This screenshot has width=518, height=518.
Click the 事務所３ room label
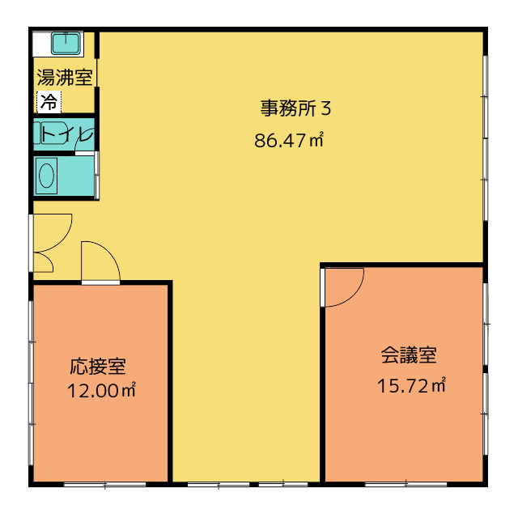click(x=295, y=108)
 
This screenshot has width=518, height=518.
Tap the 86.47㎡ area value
click(x=288, y=140)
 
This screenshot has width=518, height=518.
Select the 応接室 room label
click(x=98, y=366)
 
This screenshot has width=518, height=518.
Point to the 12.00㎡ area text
click(x=101, y=390)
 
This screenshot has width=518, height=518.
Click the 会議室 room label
click(x=409, y=355)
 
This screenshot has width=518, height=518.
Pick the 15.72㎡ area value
click(x=411, y=385)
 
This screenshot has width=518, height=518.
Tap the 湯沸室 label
click(x=65, y=77)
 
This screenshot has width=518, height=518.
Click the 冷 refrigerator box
click(x=49, y=102)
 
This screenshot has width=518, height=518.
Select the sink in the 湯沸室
click(x=66, y=43)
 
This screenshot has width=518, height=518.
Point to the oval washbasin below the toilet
click(x=47, y=176)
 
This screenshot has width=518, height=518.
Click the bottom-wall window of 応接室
click(x=104, y=485)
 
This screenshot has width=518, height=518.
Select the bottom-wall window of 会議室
click(x=405, y=485)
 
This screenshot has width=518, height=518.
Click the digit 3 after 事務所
click(x=326, y=108)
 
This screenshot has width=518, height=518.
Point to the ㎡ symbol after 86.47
click(x=316, y=140)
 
